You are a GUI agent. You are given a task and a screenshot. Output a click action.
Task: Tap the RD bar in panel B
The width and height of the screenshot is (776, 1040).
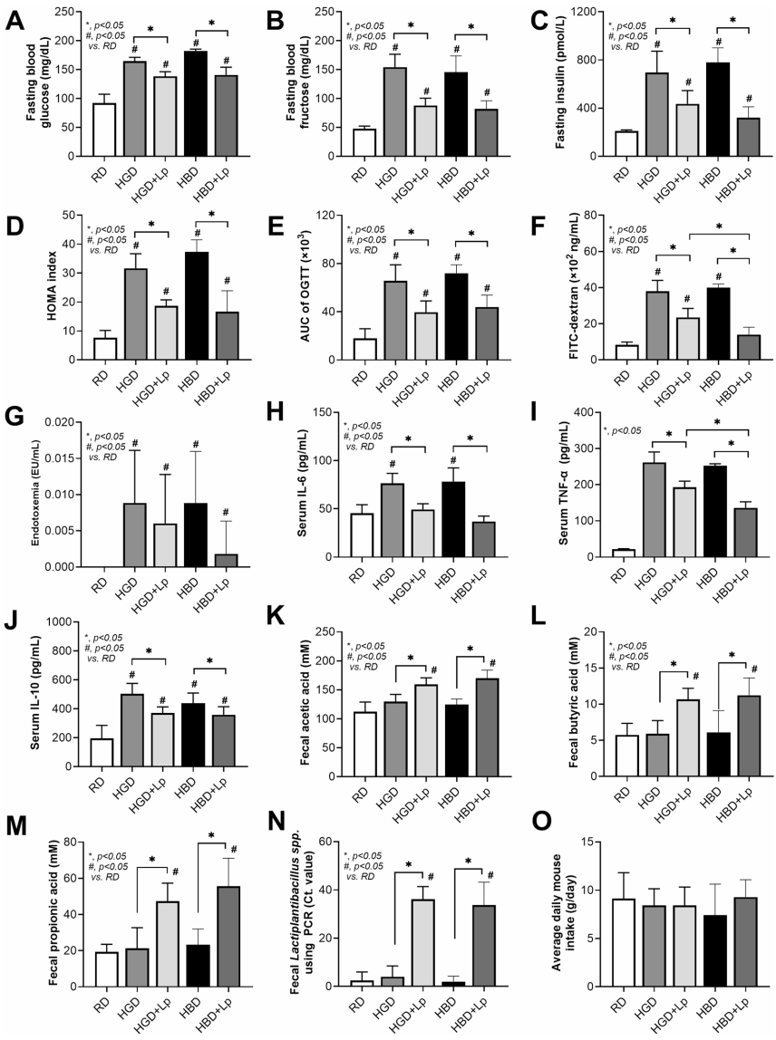(x=364, y=142)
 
